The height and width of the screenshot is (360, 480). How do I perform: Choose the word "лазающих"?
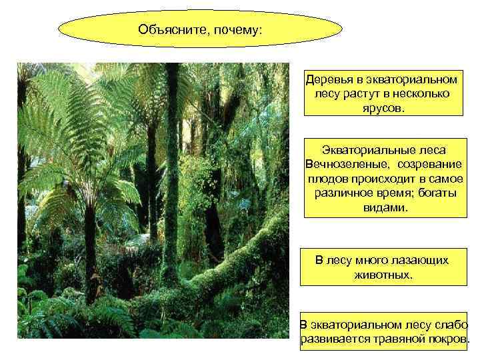coord(418,260)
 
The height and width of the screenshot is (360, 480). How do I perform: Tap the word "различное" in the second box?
coord(341,193)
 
